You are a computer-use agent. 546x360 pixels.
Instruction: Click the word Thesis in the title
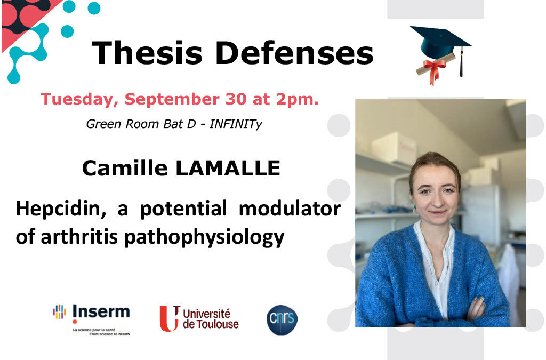[147, 53]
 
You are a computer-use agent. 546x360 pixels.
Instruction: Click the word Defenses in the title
[294, 53]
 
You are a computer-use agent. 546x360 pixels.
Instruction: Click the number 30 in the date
[236, 99]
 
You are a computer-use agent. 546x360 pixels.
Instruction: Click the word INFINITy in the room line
[236, 124]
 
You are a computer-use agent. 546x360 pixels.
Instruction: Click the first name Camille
[125, 168]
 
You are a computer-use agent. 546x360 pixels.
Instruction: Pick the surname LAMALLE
[228, 168]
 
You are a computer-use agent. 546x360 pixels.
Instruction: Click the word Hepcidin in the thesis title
[61, 210]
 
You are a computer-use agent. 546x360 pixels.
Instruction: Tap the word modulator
[290, 209]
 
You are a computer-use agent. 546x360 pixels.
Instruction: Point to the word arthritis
[79, 237]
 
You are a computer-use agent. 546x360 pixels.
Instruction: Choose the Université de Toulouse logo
[199, 318]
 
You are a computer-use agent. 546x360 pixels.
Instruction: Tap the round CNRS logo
[282, 320]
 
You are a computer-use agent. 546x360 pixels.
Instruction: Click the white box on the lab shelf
[394, 148]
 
